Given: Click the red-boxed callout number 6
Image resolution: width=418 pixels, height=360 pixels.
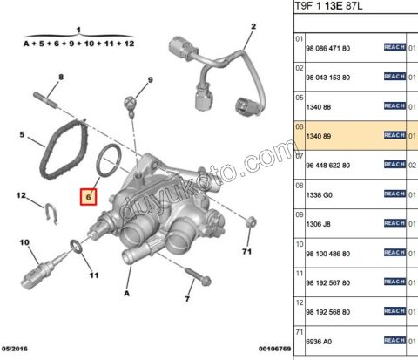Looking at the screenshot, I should click(x=88, y=198).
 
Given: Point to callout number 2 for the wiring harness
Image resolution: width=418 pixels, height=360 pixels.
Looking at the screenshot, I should click(x=253, y=26).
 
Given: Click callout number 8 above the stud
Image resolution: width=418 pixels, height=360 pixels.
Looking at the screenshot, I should click(x=60, y=77).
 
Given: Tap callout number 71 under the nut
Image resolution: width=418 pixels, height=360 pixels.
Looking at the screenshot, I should click(x=246, y=252).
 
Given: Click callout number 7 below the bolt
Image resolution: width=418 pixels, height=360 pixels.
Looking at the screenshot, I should click(x=186, y=299).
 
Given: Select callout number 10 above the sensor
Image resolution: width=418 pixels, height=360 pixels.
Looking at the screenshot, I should click(x=24, y=241).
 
